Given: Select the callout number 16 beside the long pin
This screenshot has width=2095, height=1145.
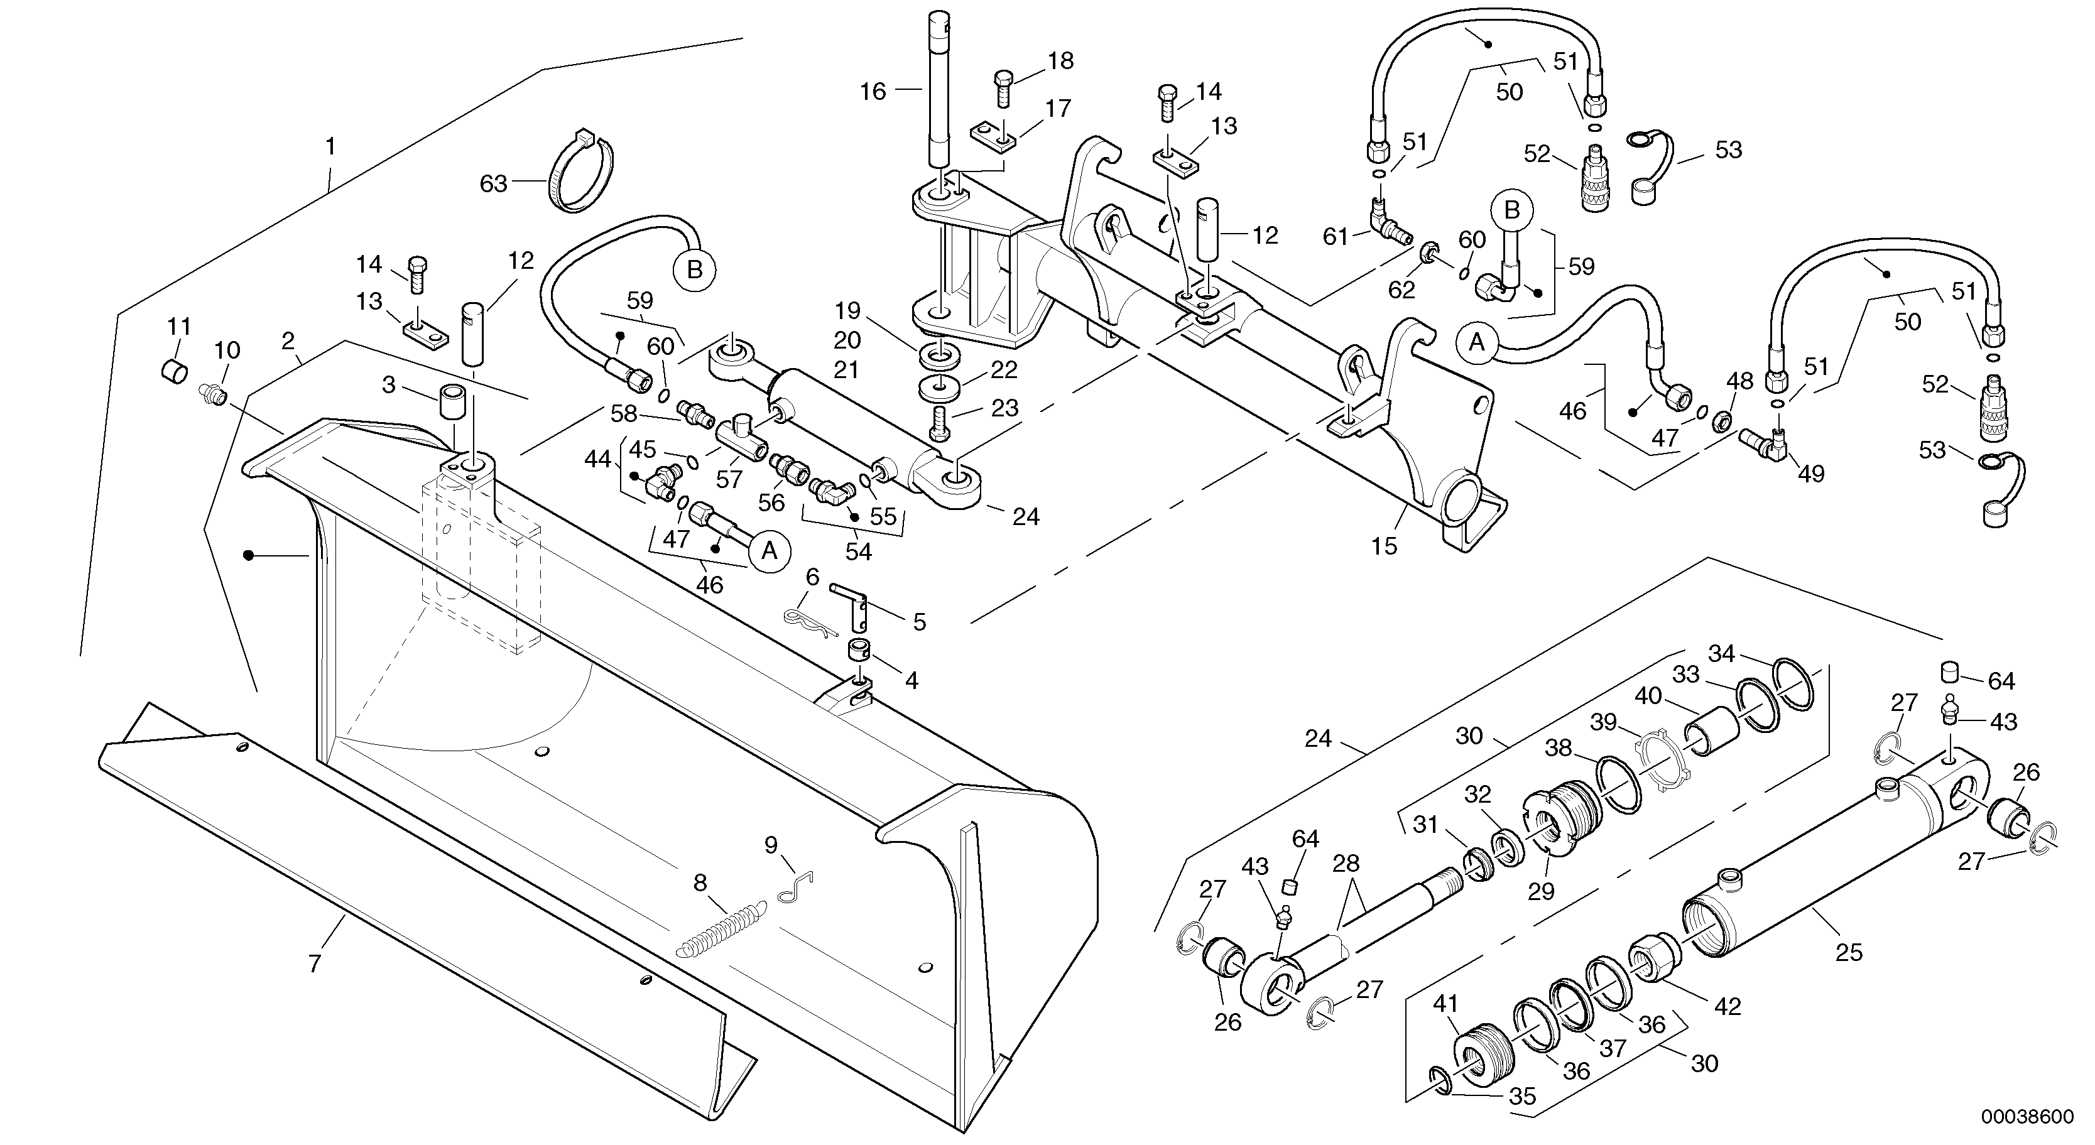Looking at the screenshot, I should [x=873, y=92].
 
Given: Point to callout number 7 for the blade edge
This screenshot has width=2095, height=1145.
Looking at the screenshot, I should [x=315, y=963].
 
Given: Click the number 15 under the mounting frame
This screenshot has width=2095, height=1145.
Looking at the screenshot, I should [x=1383, y=546].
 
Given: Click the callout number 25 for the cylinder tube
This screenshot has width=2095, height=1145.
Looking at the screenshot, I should [x=1849, y=952].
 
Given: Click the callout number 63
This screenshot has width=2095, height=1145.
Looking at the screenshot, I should [x=494, y=184].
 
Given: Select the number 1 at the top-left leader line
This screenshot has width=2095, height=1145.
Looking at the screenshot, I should [x=330, y=146].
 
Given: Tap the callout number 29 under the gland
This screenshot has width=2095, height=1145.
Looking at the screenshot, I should [x=1540, y=891].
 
